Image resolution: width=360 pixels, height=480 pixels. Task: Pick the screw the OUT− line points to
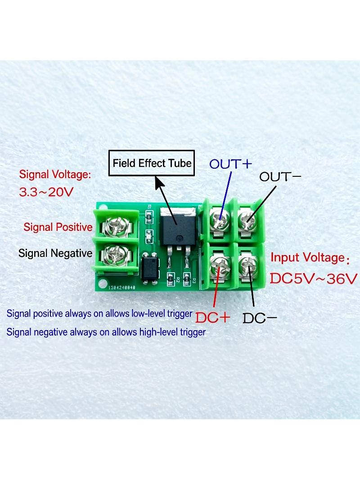click(x=247, y=219)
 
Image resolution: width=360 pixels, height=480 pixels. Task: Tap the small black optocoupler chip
click(x=150, y=268)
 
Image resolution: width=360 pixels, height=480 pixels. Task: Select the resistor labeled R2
click(x=171, y=279)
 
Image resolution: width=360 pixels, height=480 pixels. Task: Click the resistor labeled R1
click(x=149, y=217)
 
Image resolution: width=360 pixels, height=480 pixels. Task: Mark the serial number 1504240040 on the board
click(x=122, y=287)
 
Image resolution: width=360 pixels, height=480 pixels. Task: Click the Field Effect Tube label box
click(x=152, y=163)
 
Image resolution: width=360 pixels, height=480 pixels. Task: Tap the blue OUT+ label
click(x=231, y=164)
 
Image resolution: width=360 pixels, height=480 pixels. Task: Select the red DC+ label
click(x=213, y=318)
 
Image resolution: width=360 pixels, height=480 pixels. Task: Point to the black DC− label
click(x=260, y=319)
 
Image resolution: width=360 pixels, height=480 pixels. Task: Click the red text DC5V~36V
click(x=314, y=278)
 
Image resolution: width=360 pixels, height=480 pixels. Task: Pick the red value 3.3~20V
click(x=46, y=192)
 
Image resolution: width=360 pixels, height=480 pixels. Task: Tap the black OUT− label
click(x=280, y=177)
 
